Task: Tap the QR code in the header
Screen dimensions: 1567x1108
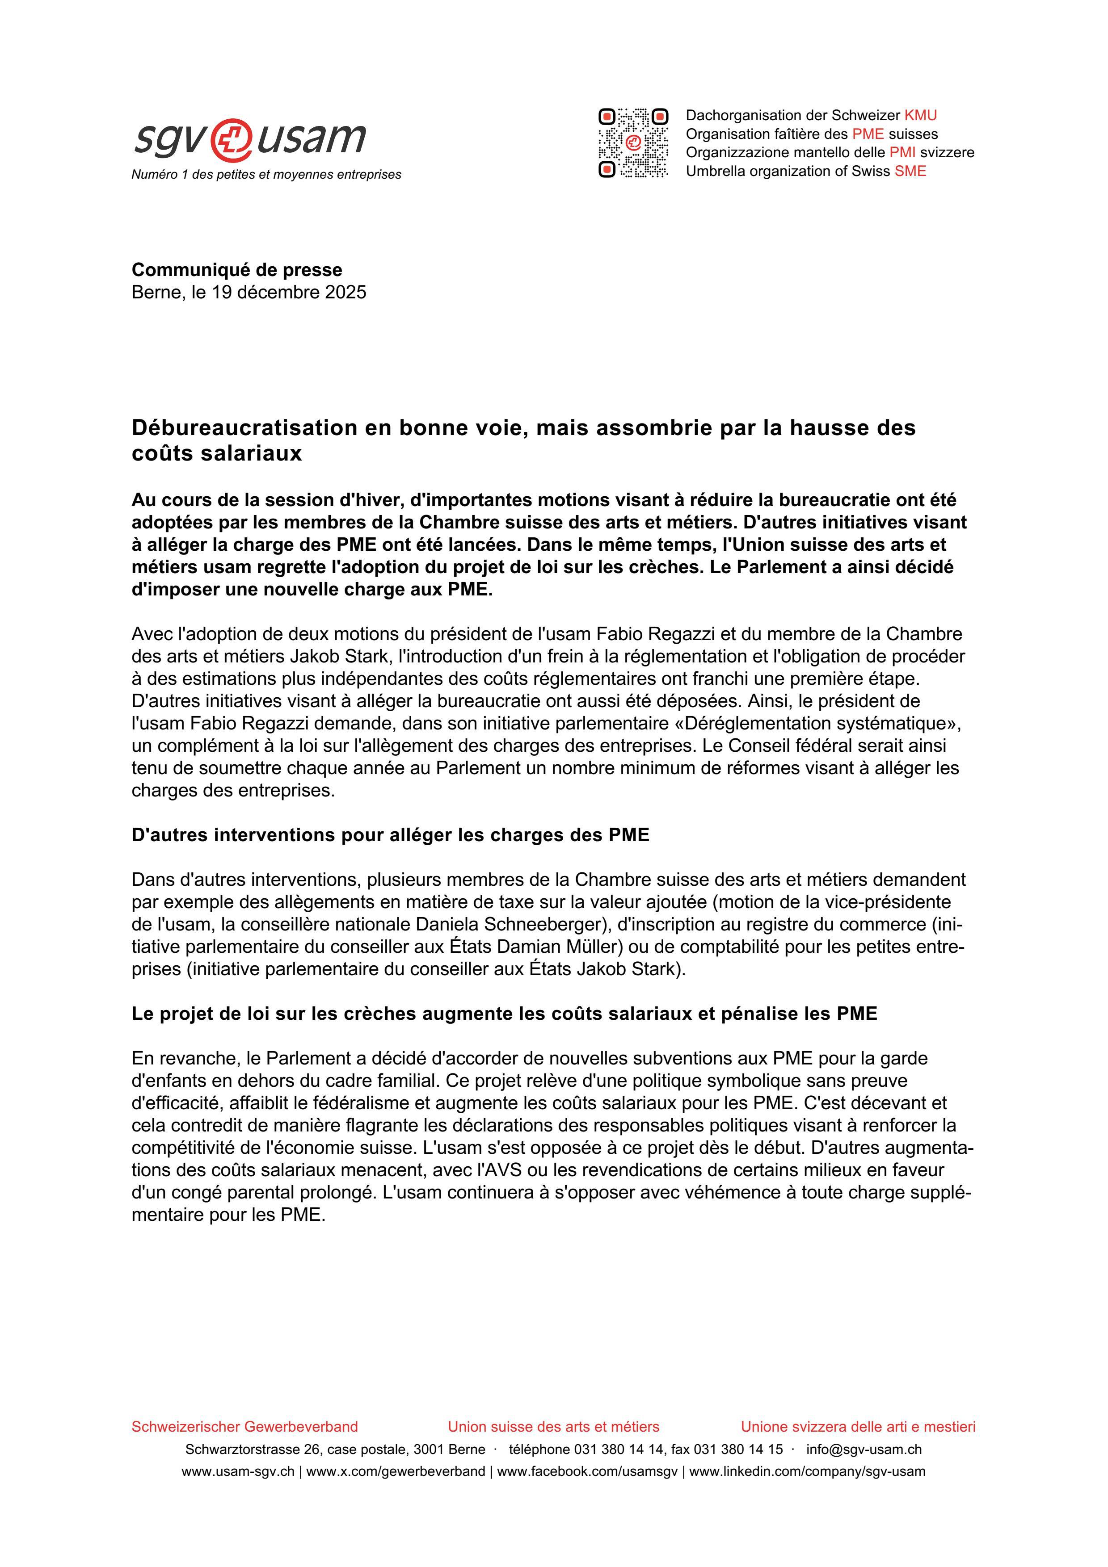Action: point(633,142)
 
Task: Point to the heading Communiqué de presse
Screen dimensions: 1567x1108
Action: point(237,270)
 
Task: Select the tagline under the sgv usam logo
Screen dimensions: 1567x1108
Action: point(266,175)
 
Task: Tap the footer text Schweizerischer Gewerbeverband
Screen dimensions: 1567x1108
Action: point(244,1426)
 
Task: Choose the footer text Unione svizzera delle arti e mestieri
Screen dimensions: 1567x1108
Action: point(858,1426)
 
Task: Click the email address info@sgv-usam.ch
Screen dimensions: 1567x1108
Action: point(864,1449)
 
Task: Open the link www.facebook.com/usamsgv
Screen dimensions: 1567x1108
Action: point(587,1471)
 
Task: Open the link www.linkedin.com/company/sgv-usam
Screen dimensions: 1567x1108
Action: point(807,1471)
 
